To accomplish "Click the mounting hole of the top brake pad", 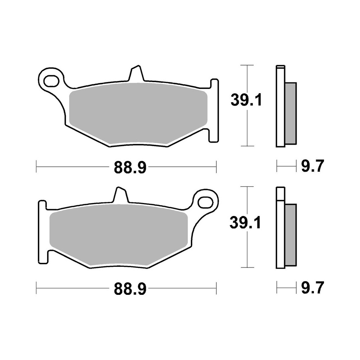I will pos(51,79).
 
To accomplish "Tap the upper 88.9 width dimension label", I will pos(130,167).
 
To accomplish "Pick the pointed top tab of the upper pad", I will pos(135,72).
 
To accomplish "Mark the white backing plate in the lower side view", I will pos(280,230).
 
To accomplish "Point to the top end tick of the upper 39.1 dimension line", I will pos(247,65).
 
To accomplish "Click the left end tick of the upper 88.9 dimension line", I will pos(37,167).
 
